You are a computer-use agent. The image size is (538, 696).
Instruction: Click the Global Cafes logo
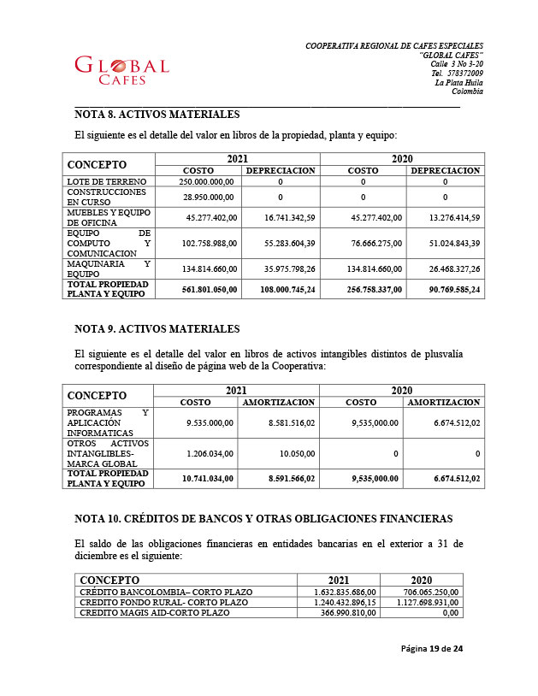121,71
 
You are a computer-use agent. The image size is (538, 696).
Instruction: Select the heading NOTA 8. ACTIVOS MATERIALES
157,115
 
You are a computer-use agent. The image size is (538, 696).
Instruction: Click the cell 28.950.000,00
210,197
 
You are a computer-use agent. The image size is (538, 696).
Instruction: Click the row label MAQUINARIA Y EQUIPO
109,268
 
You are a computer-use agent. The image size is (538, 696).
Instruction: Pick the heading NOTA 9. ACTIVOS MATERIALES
157,329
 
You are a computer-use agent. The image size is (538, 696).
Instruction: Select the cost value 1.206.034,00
210,452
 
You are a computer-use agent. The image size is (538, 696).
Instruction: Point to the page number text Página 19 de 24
432,649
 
